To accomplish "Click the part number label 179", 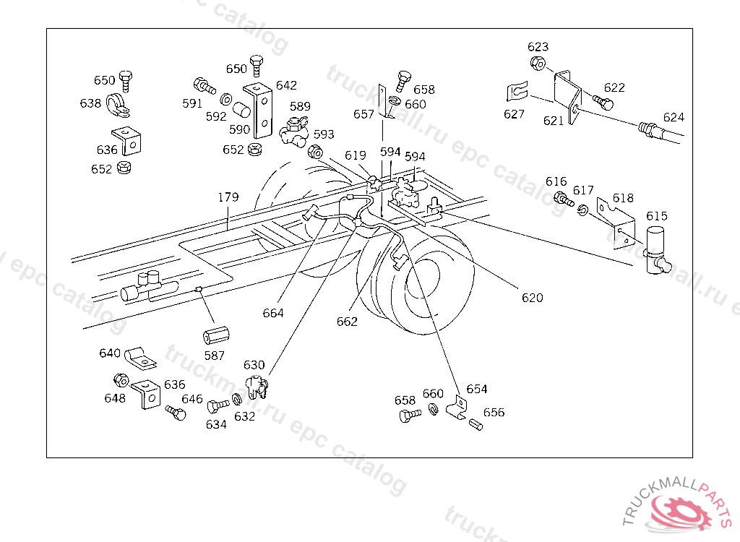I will click(x=228, y=197).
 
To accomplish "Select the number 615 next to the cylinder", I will click(x=657, y=216).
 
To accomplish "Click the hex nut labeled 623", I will click(x=538, y=63).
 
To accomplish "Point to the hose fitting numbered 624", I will click(x=650, y=130).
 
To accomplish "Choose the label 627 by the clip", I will click(x=515, y=113).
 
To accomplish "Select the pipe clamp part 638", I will click(x=117, y=105).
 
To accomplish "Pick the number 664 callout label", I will click(x=273, y=313).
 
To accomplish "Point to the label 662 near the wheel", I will click(x=347, y=322).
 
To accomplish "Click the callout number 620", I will click(x=532, y=297).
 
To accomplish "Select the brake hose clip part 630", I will click(x=257, y=386).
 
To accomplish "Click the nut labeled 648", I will click(x=121, y=380).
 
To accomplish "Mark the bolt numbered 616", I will click(x=560, y=197).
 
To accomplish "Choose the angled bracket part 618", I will click(x=618, y=224).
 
